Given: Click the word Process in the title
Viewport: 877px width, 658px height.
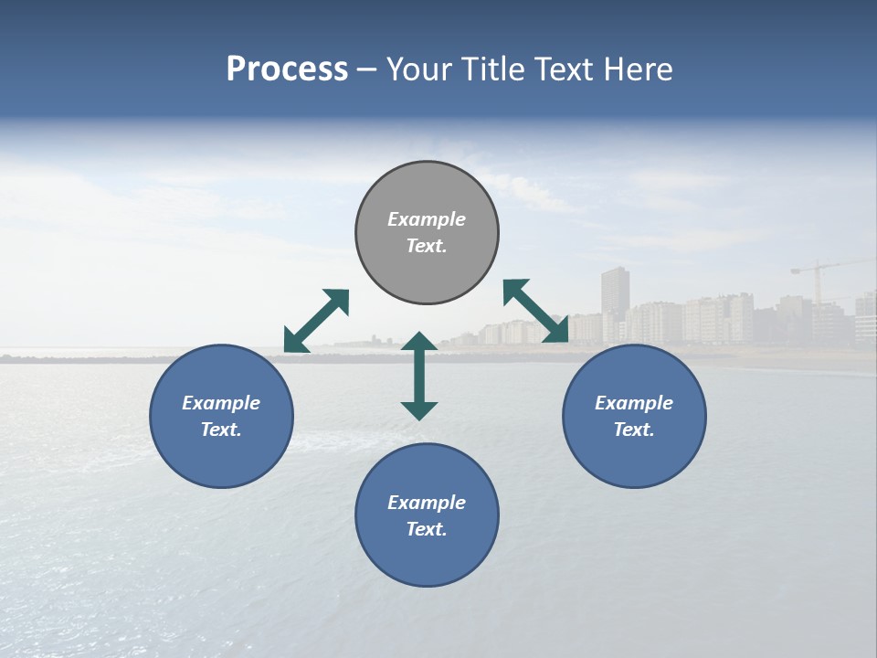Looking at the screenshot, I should [287, 69].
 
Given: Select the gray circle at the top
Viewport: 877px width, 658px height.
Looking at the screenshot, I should [427, 232].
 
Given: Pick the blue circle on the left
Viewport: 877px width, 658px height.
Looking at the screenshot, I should [221, 416].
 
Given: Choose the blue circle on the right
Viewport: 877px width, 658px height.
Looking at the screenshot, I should [634, 416].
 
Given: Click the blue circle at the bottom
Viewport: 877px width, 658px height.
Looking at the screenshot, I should [427, 515].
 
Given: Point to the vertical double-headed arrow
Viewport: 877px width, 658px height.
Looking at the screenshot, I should [419, 376].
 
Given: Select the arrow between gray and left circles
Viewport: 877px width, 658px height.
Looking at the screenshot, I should [316, 321].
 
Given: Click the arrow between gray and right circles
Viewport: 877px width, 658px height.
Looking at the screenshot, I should [536, 311].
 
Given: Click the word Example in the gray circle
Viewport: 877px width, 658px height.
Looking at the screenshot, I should [427, 219].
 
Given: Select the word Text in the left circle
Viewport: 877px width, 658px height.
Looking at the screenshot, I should [221, 430].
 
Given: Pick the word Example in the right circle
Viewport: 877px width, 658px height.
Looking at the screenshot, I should [634, 403].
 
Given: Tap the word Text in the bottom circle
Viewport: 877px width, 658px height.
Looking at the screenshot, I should [426, 529].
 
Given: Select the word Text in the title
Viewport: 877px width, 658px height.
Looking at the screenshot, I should [562, 69].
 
